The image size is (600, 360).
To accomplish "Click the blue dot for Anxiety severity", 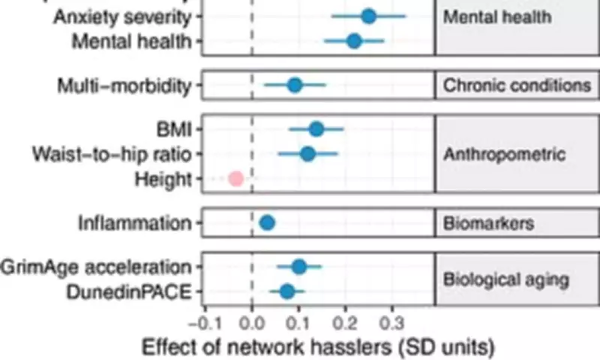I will click(368, 16).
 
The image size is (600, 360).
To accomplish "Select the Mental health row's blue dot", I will click(354, 41).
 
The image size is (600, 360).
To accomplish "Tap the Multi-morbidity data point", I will click(295, 85).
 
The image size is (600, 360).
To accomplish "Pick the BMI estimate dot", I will click(316, 129).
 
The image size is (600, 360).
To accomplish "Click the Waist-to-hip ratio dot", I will click(307, 154).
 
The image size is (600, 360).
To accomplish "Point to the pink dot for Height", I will click(235, 178).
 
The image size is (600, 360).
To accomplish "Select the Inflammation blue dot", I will click(267, 222).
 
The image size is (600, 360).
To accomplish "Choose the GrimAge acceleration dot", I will click(299, 266).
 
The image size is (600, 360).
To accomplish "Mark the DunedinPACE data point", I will click(287, 291).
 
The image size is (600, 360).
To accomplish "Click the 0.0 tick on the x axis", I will click(252, 323).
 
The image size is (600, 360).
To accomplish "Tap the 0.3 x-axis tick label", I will click(391, 323).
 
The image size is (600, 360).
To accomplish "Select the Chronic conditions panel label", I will click(517, 85).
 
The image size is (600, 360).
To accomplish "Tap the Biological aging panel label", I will click(505, 279).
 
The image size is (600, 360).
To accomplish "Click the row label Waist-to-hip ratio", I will click(112, 154).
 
